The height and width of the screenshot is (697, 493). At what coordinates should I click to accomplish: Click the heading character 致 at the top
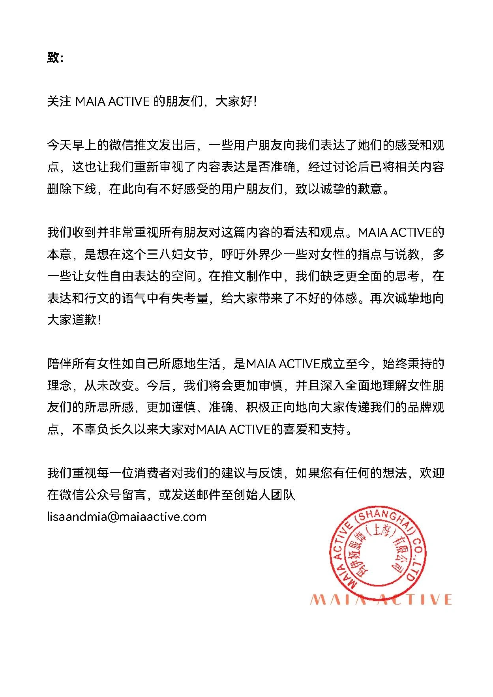[53, 58]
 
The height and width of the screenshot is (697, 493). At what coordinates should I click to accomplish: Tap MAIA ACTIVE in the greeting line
[112, 102]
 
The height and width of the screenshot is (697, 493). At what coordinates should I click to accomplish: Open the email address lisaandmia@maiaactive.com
[127, 516]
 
